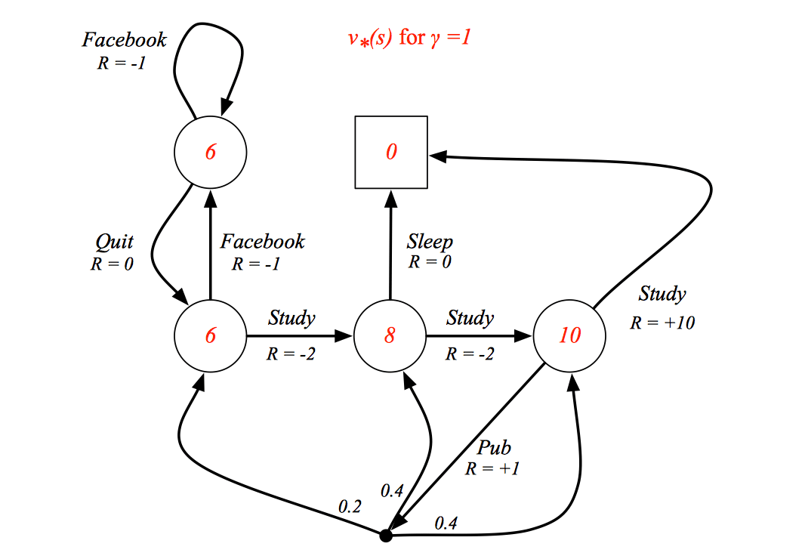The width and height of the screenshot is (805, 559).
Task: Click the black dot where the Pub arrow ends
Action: (386, 536)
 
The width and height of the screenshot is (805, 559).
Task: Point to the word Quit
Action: (115, 242)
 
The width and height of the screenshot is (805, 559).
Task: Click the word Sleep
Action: (430, 242)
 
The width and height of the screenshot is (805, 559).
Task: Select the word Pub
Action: (494, 447)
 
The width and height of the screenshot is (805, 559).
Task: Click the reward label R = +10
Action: (662, 323)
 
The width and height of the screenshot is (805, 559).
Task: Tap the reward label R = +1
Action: (492, 468)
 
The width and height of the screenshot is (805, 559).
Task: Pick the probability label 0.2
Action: (350, 507)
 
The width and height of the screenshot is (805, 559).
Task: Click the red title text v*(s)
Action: (369, 38)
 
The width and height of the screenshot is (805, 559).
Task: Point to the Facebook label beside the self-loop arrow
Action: (125, 39)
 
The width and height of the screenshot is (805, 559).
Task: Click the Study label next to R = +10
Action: (662, 293)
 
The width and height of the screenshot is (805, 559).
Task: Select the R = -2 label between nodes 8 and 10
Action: (470, 354)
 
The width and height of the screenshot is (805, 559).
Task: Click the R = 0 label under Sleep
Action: (430, 262)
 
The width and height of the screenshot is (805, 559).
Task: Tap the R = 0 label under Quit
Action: (112, 264)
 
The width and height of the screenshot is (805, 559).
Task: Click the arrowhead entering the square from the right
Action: (437, 156)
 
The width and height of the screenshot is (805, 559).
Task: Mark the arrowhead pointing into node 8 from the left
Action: (344, 336)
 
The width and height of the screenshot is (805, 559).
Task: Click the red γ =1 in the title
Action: (452, 38)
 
